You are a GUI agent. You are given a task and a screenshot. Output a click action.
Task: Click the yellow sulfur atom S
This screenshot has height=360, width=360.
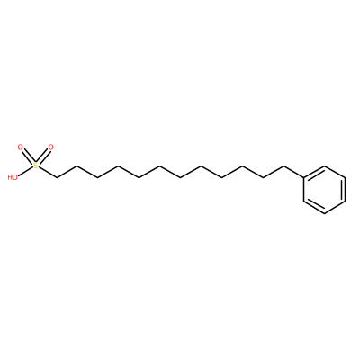(36, 166)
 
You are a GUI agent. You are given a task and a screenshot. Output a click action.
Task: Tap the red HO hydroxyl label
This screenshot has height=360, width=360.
(13, 177)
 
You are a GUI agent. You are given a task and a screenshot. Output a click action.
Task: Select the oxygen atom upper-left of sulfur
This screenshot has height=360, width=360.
(21, 148)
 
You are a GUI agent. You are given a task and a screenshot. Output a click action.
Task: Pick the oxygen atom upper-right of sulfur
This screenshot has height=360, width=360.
(50, 148)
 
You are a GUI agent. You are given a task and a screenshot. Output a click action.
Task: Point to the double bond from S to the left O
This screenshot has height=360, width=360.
(28, 157)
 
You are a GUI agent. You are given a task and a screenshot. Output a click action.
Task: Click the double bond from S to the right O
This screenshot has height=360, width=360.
(43, 157)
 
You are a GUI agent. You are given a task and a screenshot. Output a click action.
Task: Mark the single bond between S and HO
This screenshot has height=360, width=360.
(25, 171)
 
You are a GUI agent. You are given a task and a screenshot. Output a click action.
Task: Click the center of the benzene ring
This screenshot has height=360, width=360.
(325, 190)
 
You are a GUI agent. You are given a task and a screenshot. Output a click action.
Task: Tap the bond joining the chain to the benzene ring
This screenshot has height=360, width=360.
(293, 172)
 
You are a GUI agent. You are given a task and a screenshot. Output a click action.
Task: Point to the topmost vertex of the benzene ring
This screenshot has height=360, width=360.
(325, 166)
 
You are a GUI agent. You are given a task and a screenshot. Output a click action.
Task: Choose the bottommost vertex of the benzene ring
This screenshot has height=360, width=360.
(325, 213)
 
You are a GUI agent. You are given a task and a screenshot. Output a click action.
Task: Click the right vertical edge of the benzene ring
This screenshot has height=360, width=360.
(346, 190)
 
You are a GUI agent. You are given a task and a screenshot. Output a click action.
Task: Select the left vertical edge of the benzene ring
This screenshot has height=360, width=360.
(304, 190)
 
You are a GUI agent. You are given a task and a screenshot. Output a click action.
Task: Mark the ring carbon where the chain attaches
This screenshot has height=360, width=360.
(304, 177)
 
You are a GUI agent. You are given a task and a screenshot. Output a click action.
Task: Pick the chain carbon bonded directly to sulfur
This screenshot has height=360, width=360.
(57, 177)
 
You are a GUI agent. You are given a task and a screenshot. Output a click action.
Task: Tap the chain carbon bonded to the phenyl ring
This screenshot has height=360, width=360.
(283, 166)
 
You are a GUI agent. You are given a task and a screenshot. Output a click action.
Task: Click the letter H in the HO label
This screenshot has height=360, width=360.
(10, 177)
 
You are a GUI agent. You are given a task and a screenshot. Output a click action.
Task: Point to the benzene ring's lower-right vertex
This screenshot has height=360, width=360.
(346, 202)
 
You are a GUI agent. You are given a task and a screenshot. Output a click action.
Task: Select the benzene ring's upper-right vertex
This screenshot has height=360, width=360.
(346, 177)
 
